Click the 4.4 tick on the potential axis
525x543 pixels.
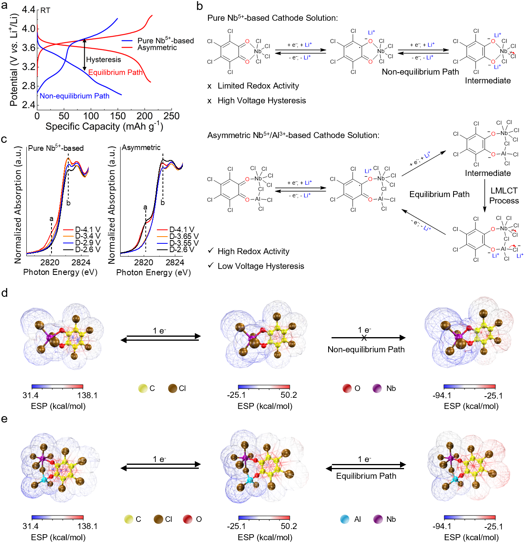(29, 10)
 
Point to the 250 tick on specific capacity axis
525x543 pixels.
(171, 116)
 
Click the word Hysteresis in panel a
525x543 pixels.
(103, 60)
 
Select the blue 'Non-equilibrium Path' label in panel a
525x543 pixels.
(74, 96)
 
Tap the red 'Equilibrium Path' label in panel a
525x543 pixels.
(115, 72)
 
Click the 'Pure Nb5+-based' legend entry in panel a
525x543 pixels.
(165, 41)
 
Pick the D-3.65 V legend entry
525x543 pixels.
(184, 236)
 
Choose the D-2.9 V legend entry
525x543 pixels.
(88, 243)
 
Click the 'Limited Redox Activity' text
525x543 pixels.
(258, 86)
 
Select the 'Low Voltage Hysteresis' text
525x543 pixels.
(261, 266)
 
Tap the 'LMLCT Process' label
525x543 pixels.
(504, 195)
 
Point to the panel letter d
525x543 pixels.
(4, 293)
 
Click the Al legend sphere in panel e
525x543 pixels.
(345, 519)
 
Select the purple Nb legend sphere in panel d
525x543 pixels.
(377, 388)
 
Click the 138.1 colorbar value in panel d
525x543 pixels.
(87, 395)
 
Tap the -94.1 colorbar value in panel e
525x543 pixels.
(442, 527)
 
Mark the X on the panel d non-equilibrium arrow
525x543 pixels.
(364, 338)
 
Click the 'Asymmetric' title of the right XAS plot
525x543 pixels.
(141, 148)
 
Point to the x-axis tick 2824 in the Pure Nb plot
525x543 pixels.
(81, 263)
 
